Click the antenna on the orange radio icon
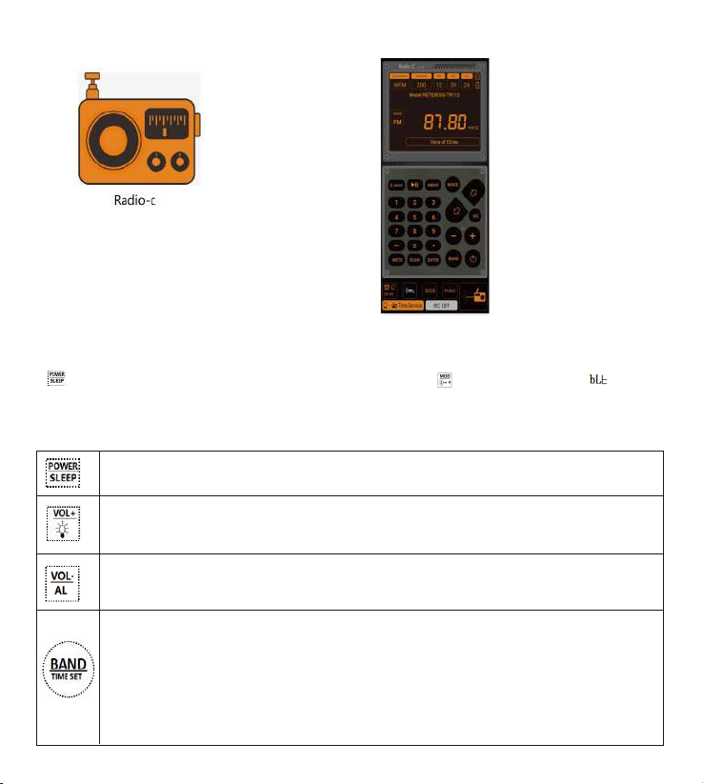tap(92, 81)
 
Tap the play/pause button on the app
tap(415, 184)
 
